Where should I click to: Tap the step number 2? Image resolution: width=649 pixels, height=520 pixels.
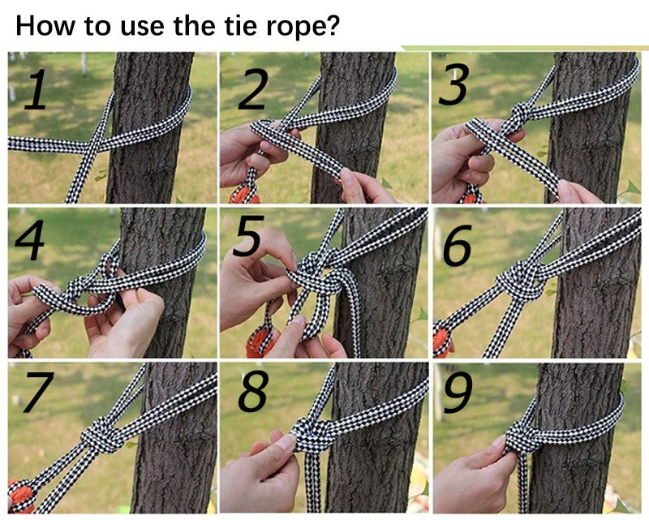(x=252, y=90)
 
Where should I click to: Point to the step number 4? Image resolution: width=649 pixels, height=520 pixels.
(x=30, y=239)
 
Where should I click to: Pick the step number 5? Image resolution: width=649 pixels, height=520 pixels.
(x=248, y=235)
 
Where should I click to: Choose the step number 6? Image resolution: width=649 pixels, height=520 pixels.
(x=458, y=245)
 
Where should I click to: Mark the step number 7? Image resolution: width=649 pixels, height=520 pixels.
(x=39, y=392)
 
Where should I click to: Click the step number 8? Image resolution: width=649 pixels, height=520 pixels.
(x=253, y=392)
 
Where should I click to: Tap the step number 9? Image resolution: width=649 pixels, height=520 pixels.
(x=458, y=392)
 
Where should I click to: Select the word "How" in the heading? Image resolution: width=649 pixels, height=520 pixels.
(x=45, y=25)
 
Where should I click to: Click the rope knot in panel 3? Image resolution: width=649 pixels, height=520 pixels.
(x=520, y=113)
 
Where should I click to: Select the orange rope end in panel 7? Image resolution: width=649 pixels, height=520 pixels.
(x=21, y=497)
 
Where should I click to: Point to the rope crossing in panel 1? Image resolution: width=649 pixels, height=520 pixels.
(x=93, y=145)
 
